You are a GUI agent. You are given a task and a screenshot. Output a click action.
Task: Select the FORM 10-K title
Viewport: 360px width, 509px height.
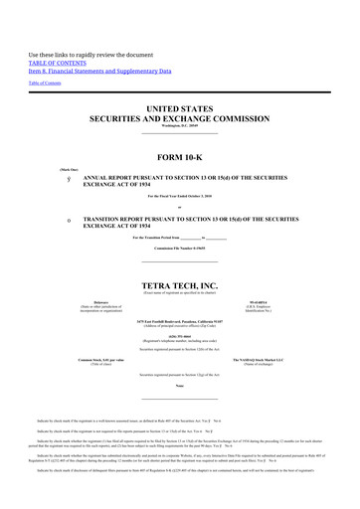[x=180, y=158]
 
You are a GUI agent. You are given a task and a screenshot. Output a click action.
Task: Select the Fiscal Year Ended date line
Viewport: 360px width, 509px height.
[x=180, y=198]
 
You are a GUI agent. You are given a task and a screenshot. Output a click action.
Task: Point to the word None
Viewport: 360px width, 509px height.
[x=180, y=385]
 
